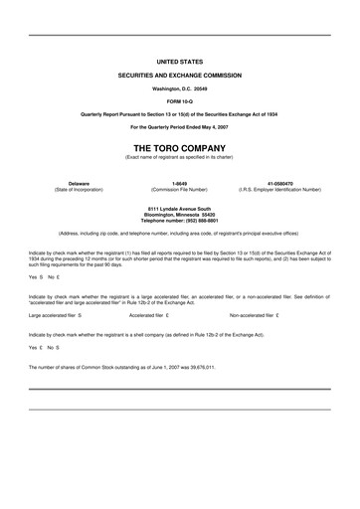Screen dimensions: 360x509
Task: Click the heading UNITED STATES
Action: coord(179,61)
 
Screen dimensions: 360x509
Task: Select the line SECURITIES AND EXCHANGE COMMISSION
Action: coord(179,76)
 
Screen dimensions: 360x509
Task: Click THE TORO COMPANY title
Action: coord(179,146)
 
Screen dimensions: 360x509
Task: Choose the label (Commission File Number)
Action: coord(179,190)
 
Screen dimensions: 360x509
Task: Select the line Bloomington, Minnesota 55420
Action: coord(179,213)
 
